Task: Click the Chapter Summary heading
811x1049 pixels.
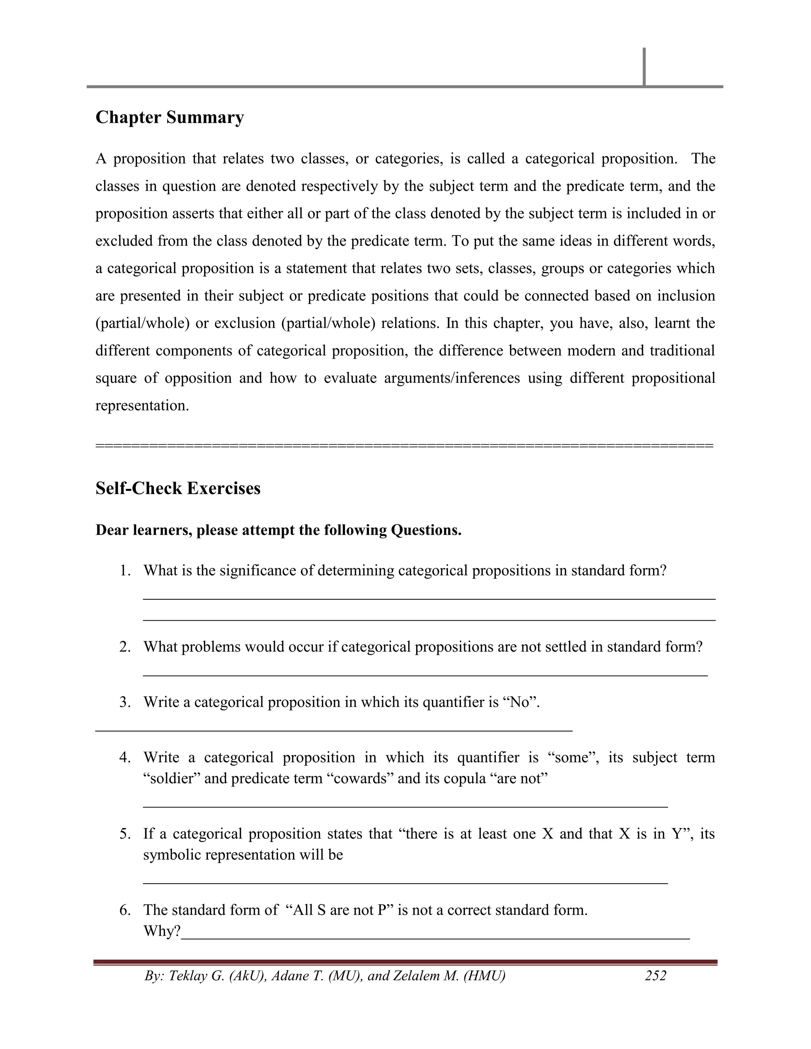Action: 169,117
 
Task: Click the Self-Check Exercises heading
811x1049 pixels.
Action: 178,488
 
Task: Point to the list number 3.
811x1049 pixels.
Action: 125,702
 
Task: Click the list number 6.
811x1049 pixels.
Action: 125,910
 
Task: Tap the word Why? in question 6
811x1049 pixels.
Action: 162,931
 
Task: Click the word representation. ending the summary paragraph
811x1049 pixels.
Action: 142,405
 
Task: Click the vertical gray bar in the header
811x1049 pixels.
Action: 644,67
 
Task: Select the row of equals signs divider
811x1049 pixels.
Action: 405,446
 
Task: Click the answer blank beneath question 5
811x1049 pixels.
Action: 405,882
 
